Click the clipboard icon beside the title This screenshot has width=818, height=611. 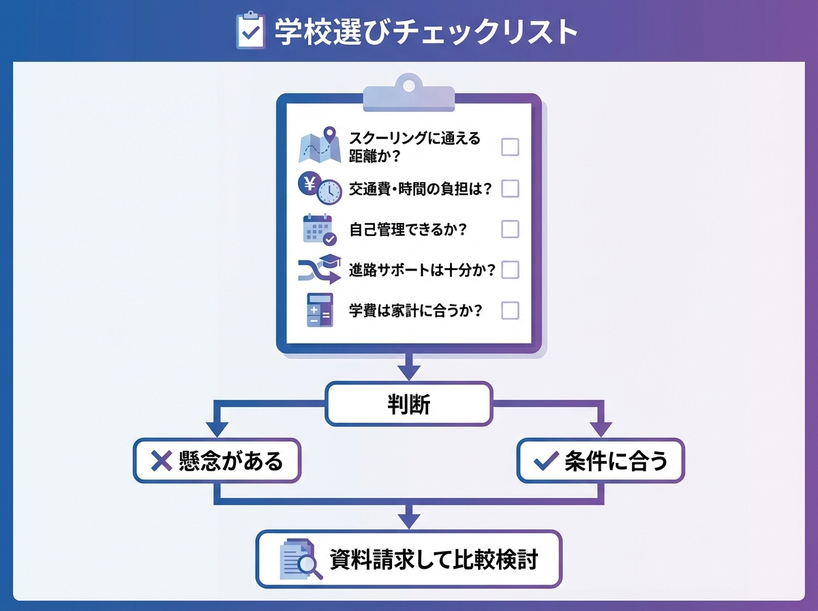coord(250,31)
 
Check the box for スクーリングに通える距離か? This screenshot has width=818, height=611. coord(510,147)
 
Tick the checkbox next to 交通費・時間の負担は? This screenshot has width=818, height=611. coord(510,189)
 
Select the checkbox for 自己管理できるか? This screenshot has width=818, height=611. coord(510,229)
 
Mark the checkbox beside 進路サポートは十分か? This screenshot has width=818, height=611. coord(510,270)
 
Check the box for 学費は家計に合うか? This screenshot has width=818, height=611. coord(510,311)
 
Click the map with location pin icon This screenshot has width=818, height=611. coord(320,145)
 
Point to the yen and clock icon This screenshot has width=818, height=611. coord(319,188)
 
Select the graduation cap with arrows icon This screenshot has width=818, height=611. coord(319,270)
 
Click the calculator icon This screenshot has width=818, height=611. coord(319,311)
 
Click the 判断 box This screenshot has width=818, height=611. coord(408,404)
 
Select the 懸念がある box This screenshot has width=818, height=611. coord(217,461)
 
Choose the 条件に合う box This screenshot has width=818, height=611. coord(600,461)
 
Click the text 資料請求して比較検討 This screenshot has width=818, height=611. coord(434,560)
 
